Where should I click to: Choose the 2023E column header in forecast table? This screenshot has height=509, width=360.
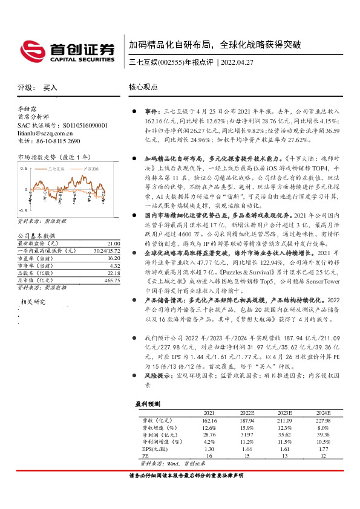pos(285,412)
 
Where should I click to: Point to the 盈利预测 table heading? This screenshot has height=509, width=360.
pos(147,403)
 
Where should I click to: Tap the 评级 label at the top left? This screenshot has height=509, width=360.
pos(25,88)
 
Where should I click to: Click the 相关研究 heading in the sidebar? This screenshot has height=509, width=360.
pos(34,301)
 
